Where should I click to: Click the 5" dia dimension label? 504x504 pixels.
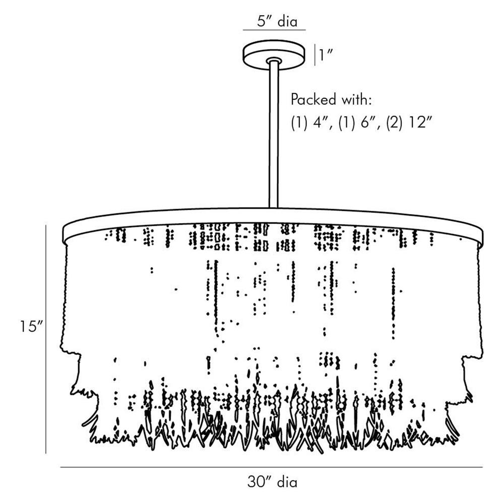coord(274,21)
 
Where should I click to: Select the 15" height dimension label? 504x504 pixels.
coord(30,327)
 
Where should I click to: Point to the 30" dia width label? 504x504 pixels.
coord(272,482)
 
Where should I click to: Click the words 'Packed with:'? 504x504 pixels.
coord(331,99)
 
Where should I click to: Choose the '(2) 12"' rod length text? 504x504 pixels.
coord(409,123)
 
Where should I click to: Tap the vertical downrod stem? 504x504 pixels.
coord(274,136)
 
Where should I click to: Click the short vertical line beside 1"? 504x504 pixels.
coord(315,54)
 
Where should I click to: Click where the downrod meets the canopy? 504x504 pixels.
coord(274,61)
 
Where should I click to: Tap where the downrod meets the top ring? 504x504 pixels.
coord(274,207)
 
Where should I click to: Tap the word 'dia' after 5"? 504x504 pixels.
coord(287,21)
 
